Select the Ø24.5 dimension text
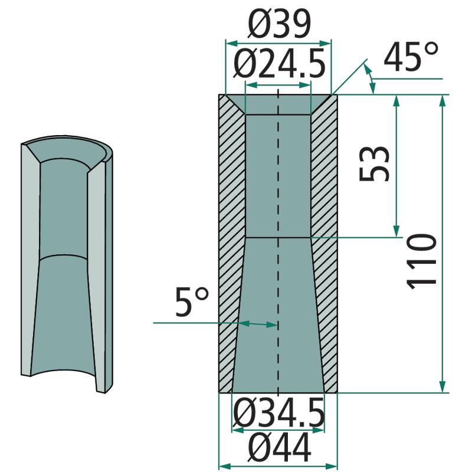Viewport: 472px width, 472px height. click(279, 64)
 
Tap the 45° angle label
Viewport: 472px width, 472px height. click(411, 57)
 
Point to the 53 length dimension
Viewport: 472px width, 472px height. click(374, 164)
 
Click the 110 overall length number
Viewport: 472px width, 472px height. click(421, 261)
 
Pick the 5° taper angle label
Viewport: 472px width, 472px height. click(191, 301)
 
